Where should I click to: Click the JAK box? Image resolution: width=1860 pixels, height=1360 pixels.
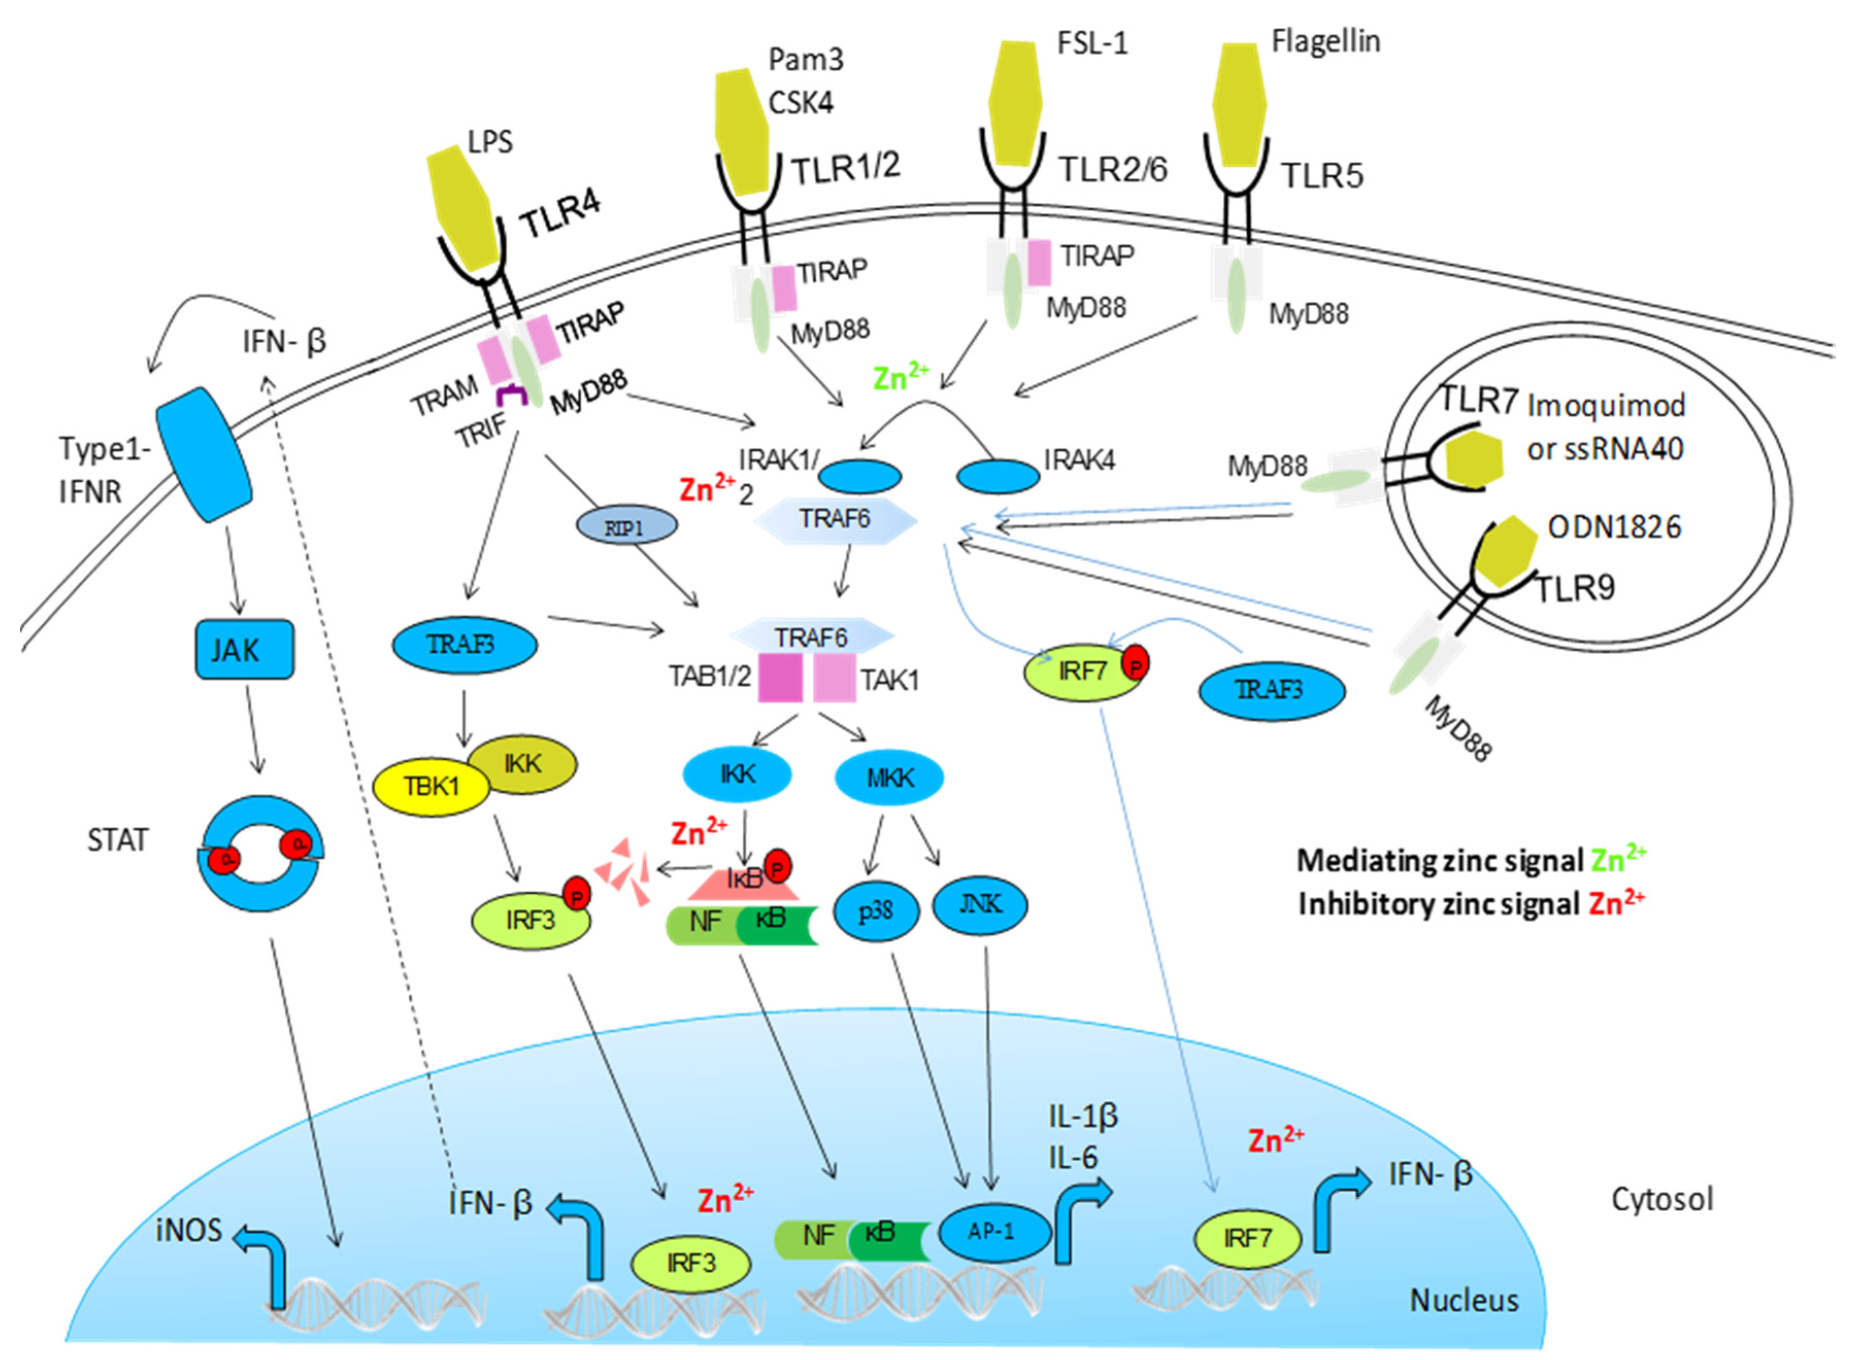coord(244,650)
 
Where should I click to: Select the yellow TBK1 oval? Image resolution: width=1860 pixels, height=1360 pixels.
coord(431,786)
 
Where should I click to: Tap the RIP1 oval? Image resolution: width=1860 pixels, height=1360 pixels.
coord(626,527)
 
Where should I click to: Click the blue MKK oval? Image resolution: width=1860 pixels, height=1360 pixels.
coord(889,777)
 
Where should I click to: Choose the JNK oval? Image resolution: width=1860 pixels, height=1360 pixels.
coord(980,905)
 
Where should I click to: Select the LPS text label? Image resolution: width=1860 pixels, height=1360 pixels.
coord(490,142)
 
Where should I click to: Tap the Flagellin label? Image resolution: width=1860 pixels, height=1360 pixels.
coord(1326,41)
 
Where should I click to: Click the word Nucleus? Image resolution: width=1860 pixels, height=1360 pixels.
coord(1464,1301)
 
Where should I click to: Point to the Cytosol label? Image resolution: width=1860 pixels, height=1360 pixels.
coord(1662,1199)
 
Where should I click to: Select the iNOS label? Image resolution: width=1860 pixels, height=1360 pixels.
coord(189,1230)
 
